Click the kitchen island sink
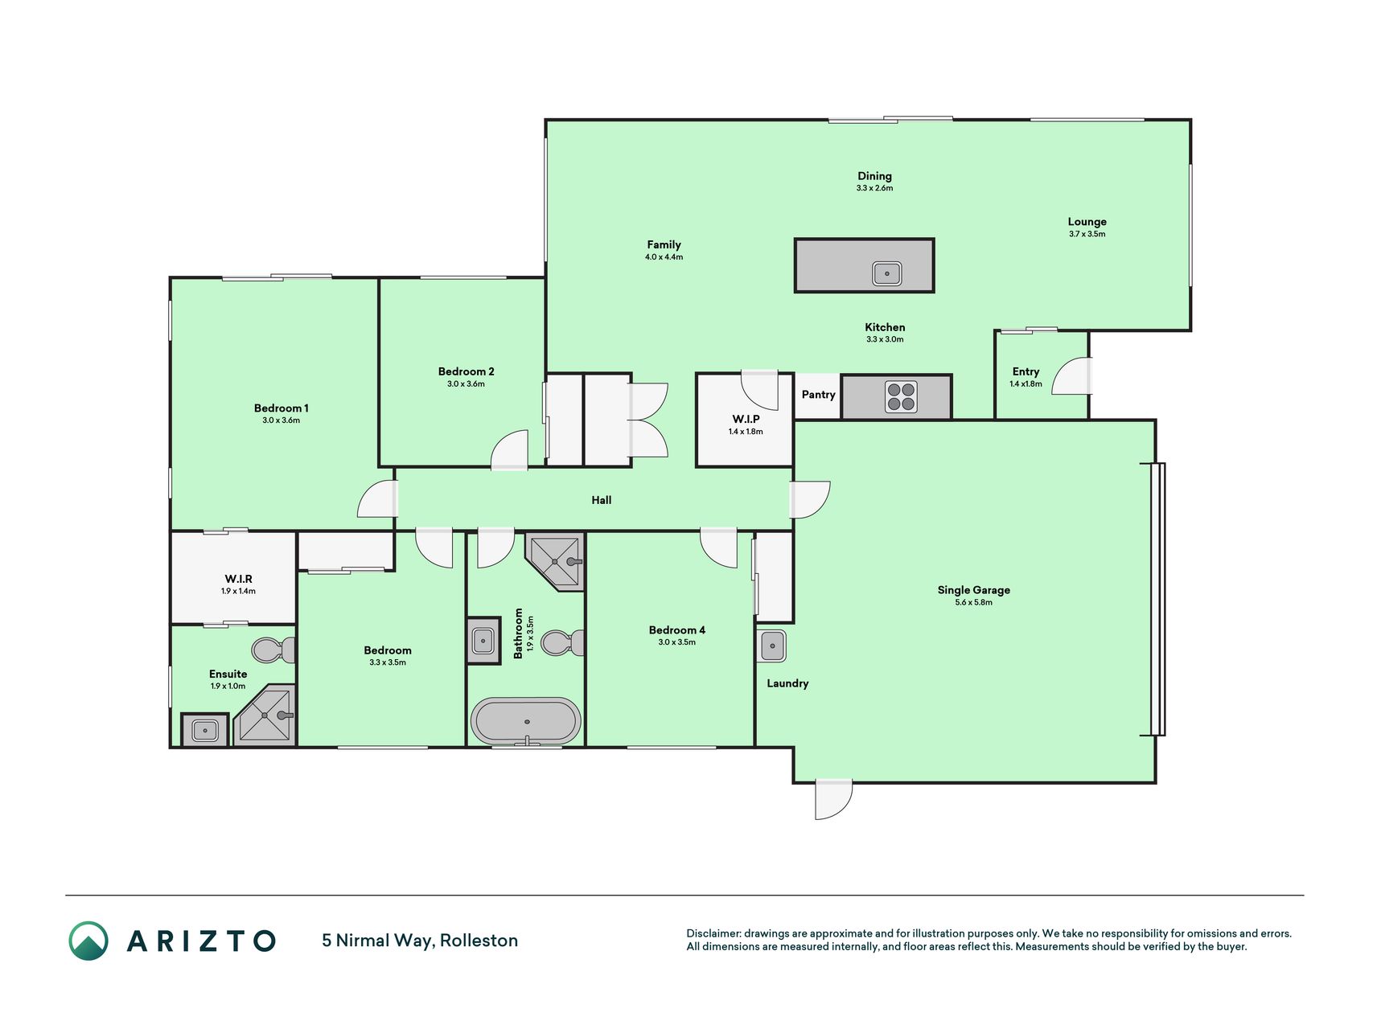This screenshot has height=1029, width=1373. (886, 273)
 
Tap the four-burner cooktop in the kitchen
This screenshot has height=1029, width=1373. (901, 397)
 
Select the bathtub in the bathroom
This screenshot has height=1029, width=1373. (526, 720)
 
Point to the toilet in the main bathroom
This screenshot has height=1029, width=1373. (562, 643)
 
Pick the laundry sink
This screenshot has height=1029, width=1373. (772, 646)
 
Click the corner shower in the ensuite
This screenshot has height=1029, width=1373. (265, 715)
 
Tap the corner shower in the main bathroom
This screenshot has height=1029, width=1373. (555, 560)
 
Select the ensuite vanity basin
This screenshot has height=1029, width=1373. (204, 731)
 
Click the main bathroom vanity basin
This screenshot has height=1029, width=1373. (483, 641)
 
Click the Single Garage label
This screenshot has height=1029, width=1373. (973, 590)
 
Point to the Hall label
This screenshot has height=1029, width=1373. (602, 500)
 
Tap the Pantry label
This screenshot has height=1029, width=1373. (818, 395)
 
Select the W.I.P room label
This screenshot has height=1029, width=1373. (746, 419)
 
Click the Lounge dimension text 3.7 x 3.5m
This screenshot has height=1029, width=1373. (1087, 234)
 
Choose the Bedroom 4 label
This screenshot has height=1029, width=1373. (677, 630)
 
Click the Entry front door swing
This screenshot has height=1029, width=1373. (1071, 375)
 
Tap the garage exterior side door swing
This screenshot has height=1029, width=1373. (833, 799)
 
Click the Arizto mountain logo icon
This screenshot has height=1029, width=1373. (88, 941)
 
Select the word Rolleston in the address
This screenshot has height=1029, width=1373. (479, 941)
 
